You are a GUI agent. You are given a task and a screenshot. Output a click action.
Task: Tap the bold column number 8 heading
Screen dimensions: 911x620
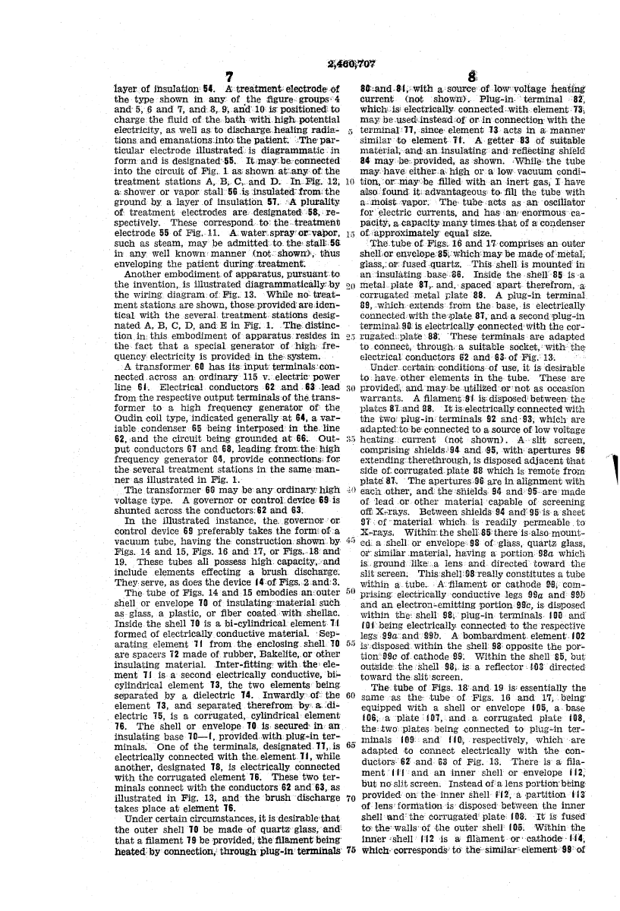pos(472,77)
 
